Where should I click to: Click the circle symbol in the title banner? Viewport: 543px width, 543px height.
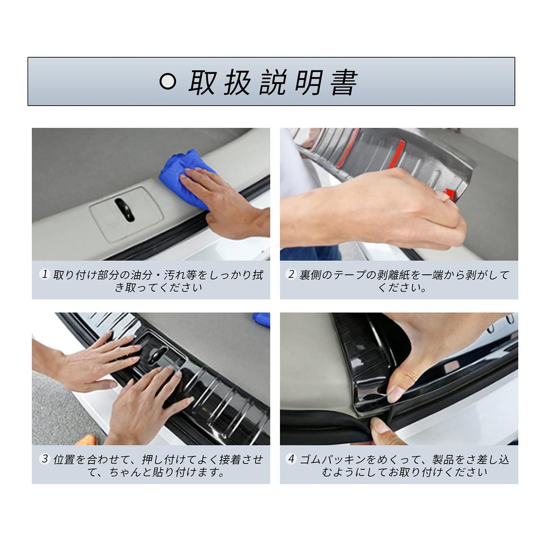168,82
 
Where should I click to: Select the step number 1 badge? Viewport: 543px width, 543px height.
45,275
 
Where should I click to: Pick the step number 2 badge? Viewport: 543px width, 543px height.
291,275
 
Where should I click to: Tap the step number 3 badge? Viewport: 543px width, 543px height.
45,459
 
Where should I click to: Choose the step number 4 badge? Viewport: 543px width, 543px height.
291,459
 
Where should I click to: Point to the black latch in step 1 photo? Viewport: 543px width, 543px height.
125,209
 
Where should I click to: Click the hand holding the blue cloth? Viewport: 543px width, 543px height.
223,202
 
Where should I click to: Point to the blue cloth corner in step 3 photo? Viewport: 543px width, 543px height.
261,319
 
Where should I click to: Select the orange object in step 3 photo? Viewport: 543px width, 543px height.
87,440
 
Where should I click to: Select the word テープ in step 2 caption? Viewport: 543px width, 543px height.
353,275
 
